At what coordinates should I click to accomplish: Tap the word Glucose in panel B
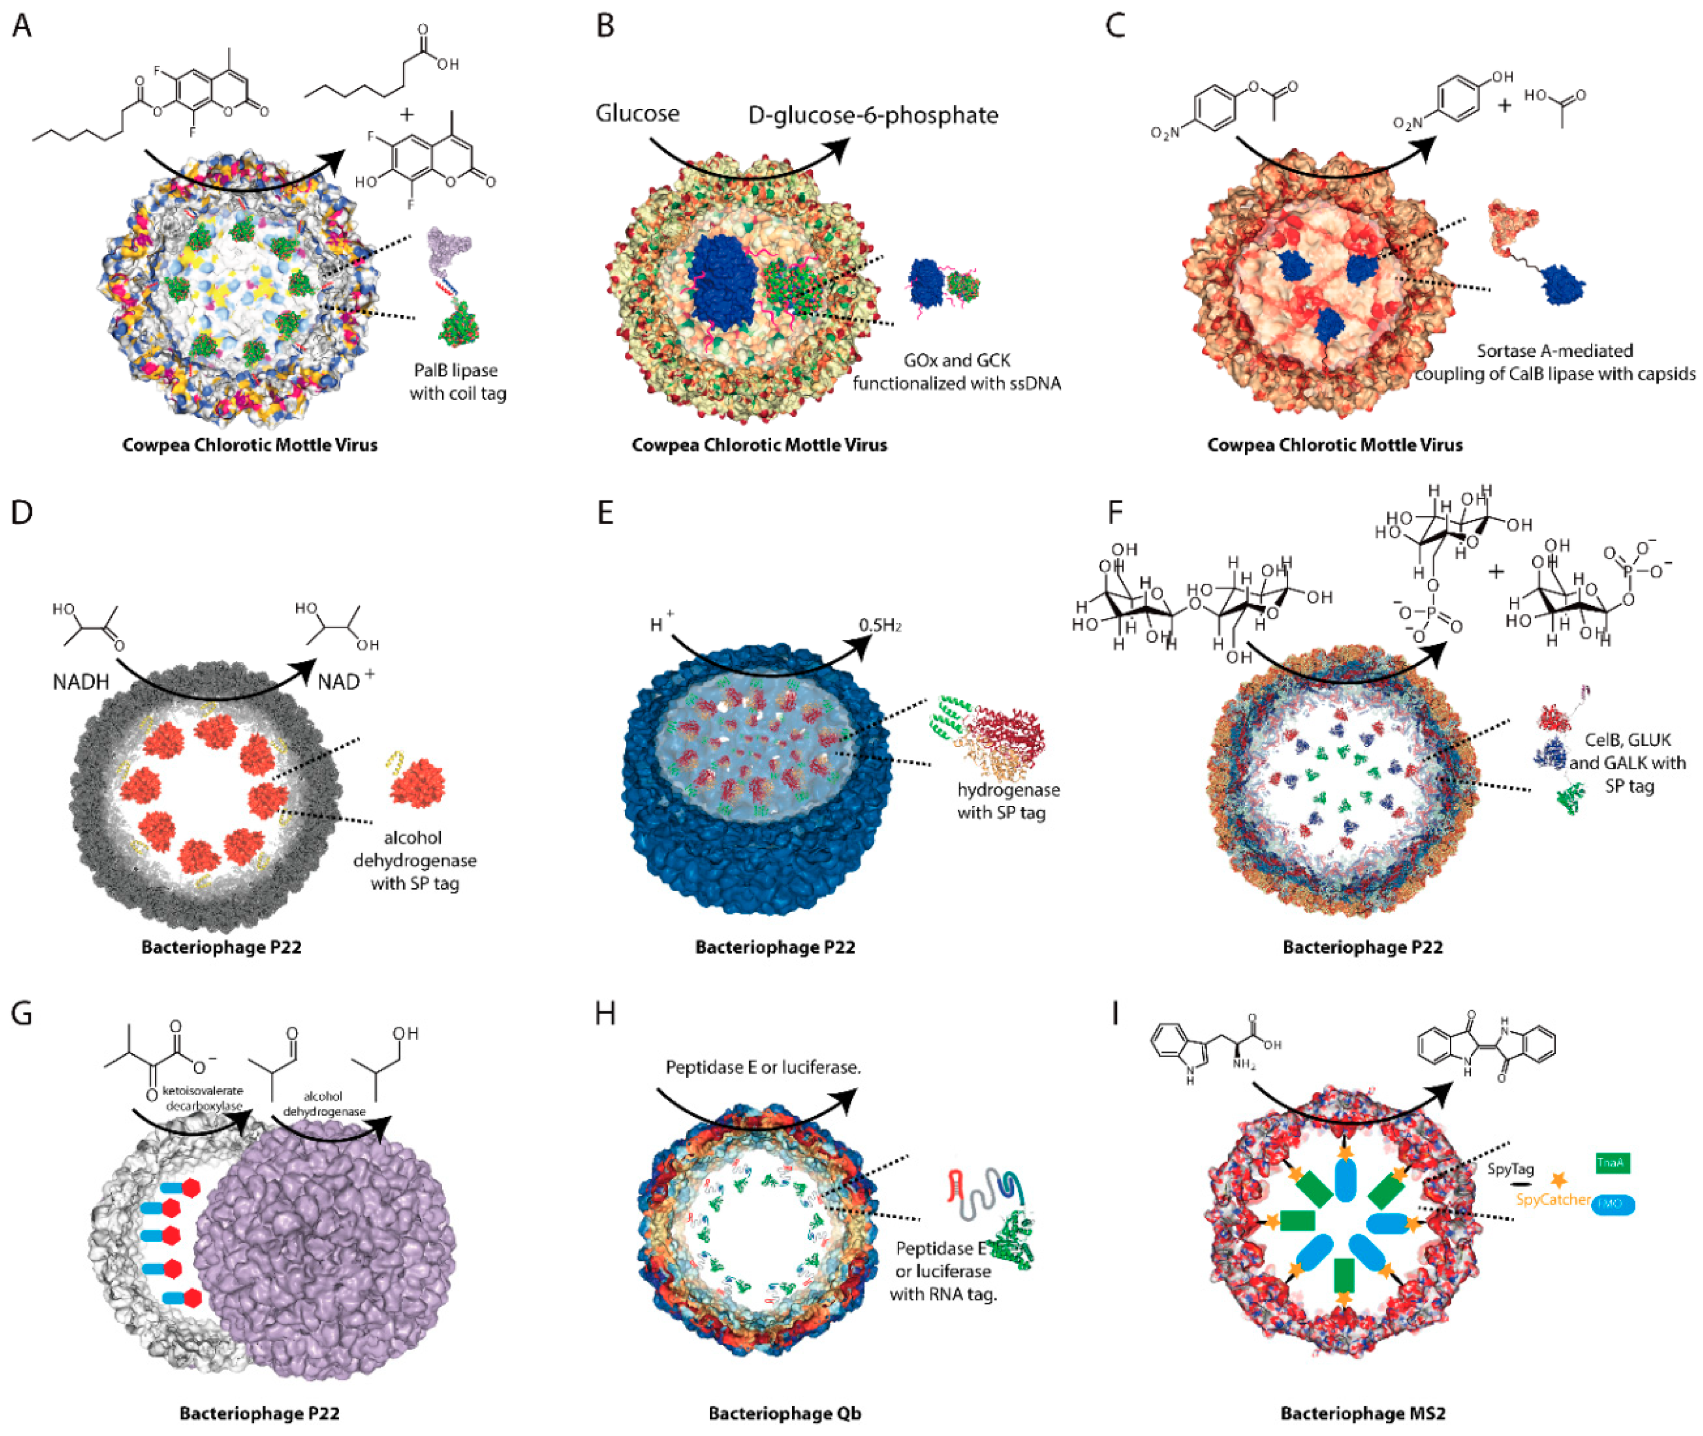[637, 113]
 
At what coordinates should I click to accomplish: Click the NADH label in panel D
[81, 682]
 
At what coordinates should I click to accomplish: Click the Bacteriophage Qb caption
[784, 1413]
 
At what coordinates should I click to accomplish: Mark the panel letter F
[1115, 513]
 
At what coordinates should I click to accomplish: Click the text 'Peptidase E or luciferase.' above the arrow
[763, 1067]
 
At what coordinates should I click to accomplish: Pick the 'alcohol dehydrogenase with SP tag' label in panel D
[414, 860]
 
